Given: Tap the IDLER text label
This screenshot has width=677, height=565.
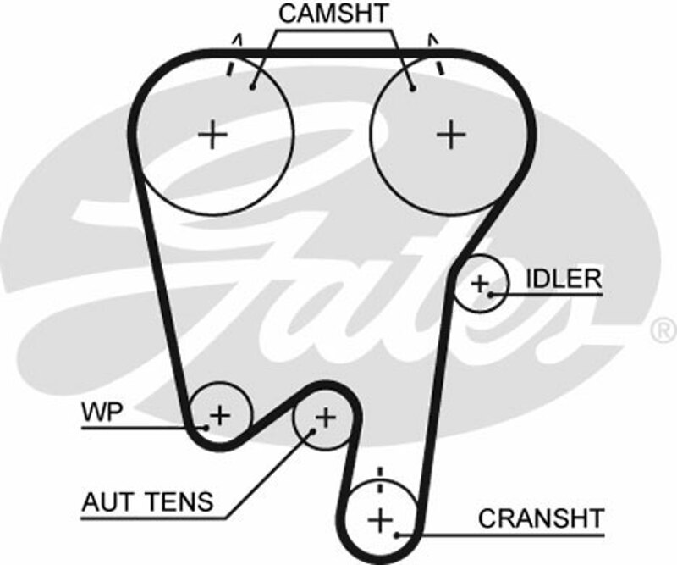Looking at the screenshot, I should pyautogui.click(x=564, y=279).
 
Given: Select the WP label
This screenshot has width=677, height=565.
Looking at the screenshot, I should pyautogui.click(x=102, y=413).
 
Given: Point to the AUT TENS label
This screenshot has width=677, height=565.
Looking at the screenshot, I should pyautogui.click(x=147, y=501).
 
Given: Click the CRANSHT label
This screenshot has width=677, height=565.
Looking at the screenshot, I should pyautogui.click(x=541, y=518).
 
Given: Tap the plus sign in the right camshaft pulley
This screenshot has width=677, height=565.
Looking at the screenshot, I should pyautogui.click(x=452, y=133).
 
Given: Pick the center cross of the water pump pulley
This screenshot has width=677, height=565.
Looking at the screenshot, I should pyautogui.click(x=220, y=415).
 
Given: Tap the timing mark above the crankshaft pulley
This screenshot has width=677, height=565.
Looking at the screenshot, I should pyautogui.click(x=380, y=474).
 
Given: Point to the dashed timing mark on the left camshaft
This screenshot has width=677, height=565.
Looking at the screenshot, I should pyautogui.click(x=230, y=68).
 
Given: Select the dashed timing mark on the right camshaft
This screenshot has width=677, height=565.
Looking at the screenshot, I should pyautogui.click(x=439, y=66).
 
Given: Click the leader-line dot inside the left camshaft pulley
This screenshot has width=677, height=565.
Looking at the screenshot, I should pyautogui.click(x=253, y=86).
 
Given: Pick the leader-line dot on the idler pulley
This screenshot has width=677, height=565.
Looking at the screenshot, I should pyautogui.click(x=492, y=294).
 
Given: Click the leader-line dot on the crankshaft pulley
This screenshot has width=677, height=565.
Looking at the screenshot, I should pyautogui.click(x=397, y=535).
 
